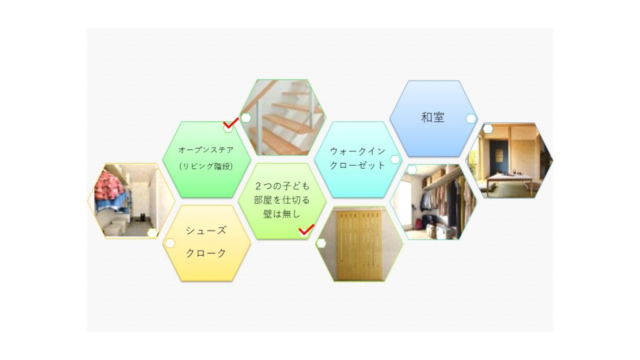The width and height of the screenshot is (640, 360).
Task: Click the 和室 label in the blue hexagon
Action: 432,117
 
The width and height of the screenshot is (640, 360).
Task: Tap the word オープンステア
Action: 206,150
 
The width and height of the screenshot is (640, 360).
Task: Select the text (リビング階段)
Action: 206,166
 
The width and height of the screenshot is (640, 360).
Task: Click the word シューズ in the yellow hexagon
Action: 206,231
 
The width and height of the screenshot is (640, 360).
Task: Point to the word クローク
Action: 206,253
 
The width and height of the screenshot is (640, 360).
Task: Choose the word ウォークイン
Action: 358,151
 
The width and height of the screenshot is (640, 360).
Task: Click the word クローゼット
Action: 358,165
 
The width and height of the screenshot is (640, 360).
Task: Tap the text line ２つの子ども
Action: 282,186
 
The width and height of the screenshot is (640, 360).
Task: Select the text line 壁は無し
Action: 282,214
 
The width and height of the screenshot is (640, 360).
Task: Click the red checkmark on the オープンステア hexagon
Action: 231,123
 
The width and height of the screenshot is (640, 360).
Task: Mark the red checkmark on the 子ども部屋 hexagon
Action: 306,230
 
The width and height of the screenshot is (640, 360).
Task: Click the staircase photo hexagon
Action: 282,117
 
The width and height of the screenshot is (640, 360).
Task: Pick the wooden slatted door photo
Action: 359,244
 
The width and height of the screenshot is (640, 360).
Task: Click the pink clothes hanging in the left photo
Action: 108,186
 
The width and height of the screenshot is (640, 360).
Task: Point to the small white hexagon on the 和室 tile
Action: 471,119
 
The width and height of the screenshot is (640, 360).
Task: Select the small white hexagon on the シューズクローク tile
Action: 169,244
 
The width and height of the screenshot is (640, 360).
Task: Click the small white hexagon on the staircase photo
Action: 246,118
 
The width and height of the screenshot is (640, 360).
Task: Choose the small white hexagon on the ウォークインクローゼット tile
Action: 395,159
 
